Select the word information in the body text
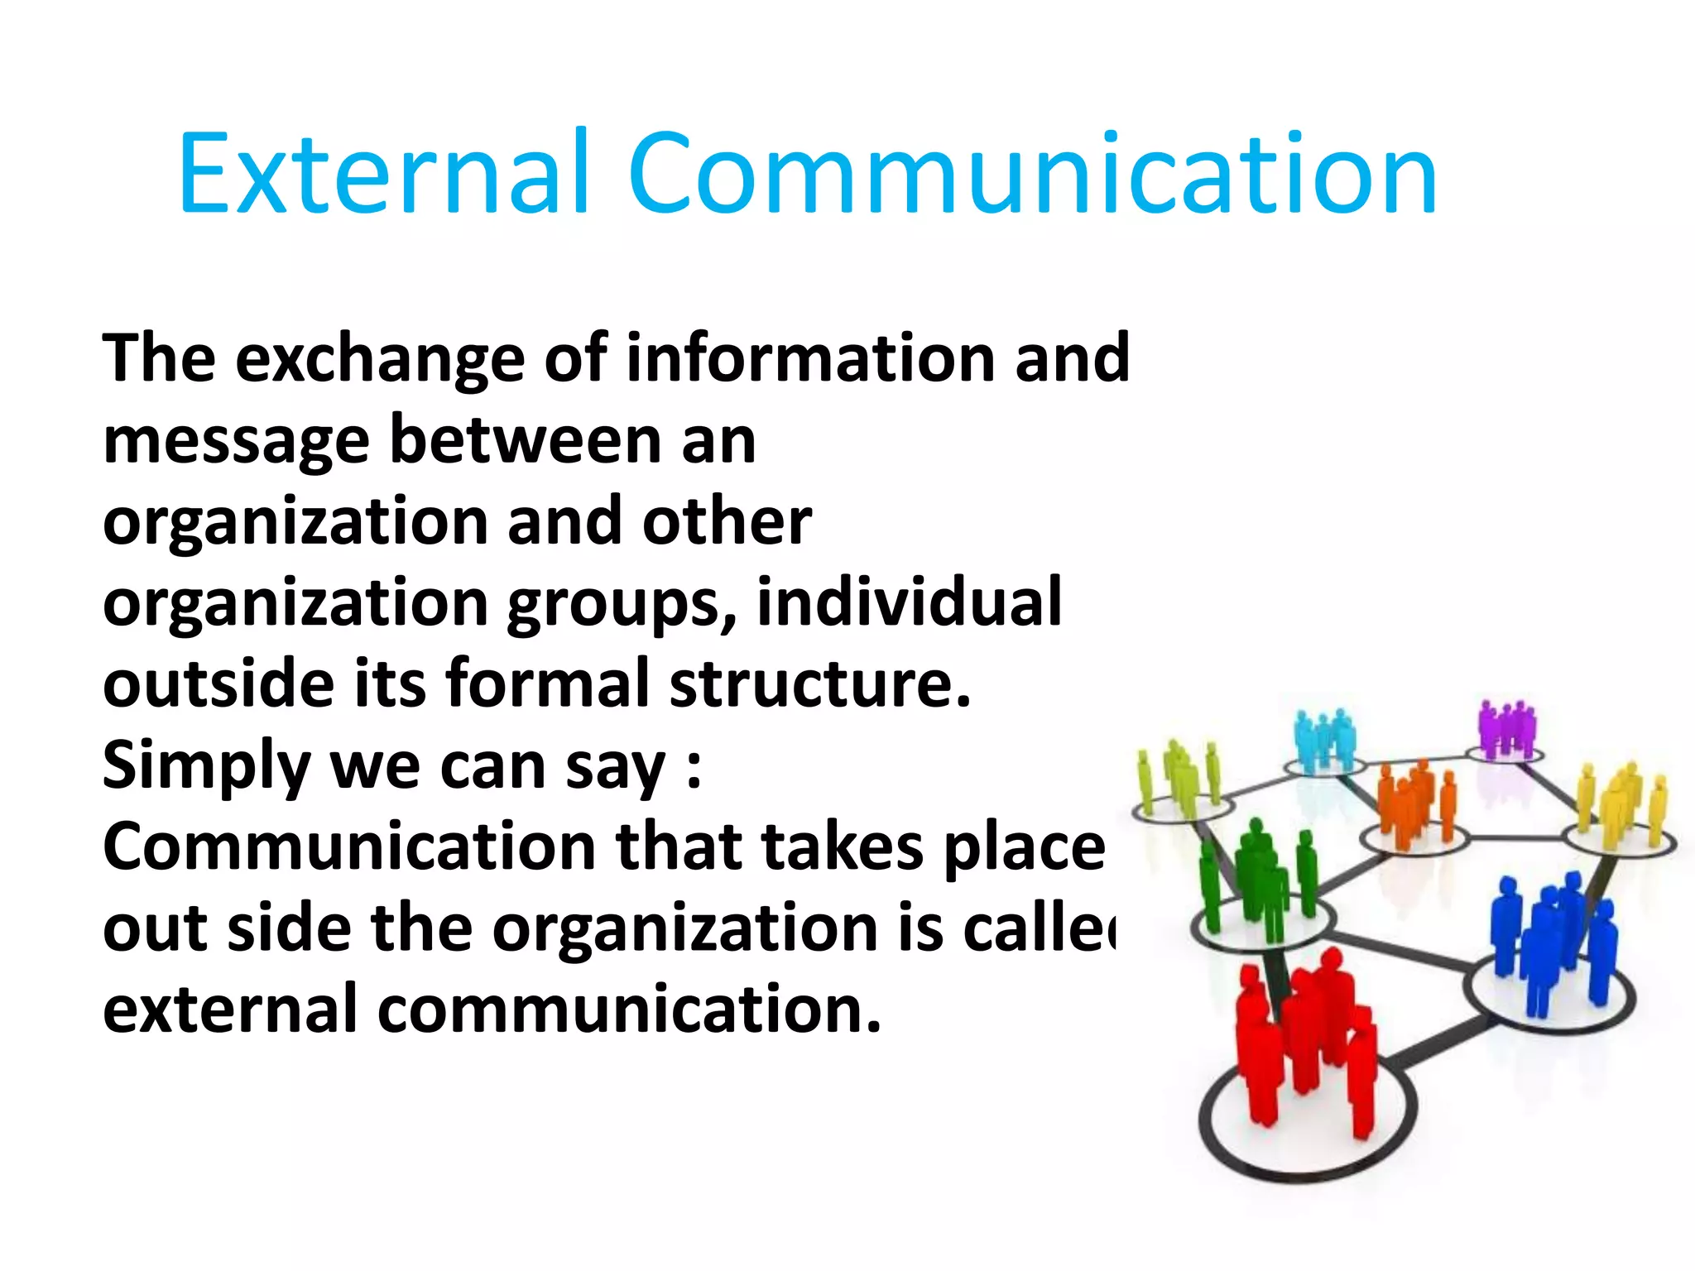[x=810, y=357]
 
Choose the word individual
[x=909, y=602]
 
